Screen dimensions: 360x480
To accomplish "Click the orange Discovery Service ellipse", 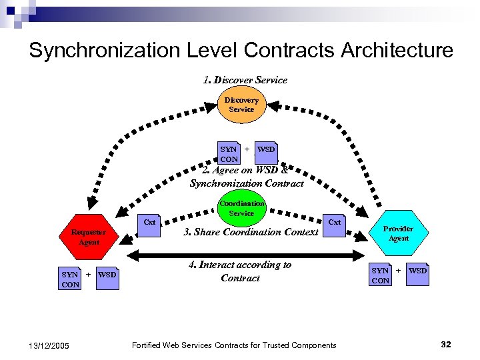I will point(241,105).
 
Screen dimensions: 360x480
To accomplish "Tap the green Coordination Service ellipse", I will point(241,207).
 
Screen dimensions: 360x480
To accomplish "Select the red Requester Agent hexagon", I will point(89,237).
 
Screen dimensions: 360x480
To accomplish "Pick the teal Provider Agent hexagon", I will point(399,233).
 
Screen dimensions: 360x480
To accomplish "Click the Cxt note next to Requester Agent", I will point(150,223).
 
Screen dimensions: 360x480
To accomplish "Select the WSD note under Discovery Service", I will point(266,153).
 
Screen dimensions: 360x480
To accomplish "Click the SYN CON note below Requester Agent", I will point(70,279).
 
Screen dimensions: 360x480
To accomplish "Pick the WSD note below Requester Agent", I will point(107,277).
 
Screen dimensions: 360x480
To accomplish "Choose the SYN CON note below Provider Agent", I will point(380,275).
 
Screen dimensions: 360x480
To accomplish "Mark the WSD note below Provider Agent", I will point(418,274).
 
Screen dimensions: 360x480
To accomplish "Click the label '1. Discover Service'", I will point(245,80).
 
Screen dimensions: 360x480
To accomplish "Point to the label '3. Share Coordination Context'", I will point(251,233).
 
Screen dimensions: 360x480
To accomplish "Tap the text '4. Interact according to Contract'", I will point(240,271).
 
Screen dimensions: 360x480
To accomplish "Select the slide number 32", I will point(446,344).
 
